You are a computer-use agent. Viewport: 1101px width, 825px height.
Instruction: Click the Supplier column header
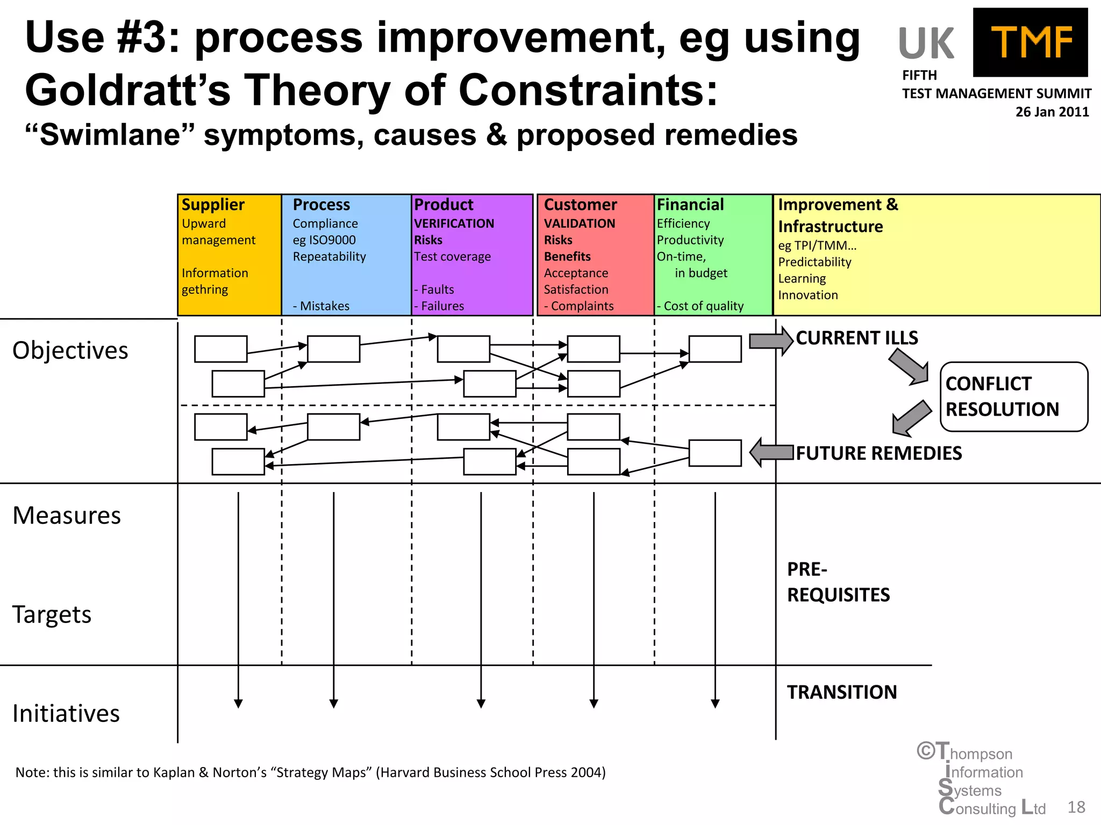(213, 205)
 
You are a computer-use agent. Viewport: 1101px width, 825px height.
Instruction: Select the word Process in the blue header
(321, 205)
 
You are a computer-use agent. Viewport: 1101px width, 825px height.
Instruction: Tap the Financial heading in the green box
(690, 205)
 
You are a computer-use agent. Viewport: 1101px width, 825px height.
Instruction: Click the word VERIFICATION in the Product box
(454, 223)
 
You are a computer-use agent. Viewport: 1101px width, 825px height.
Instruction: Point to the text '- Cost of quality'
(700, 306)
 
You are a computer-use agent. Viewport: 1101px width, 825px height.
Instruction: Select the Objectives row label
(70, 351)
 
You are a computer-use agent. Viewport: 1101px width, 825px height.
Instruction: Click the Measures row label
(67, 516)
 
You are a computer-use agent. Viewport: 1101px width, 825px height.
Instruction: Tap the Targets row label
(52, 614)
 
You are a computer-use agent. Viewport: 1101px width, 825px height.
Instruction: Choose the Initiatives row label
(66, 714)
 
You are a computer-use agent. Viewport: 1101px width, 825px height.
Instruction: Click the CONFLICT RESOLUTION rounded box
(1013, 396)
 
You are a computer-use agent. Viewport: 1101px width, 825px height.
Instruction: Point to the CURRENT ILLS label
(857, 338)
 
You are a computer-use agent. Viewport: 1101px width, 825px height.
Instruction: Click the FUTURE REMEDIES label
(878, 453)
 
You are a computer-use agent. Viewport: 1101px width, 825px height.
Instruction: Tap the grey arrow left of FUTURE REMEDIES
(771, 452)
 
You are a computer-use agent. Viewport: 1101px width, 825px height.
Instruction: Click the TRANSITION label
(842, 692)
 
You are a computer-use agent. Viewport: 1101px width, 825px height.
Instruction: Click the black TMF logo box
(1030, 42)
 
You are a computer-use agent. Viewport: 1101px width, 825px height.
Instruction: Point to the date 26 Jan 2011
(1052, 112)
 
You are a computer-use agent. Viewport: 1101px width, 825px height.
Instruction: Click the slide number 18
(1076, 807)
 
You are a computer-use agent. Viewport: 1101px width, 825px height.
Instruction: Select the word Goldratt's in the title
(128, 90)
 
